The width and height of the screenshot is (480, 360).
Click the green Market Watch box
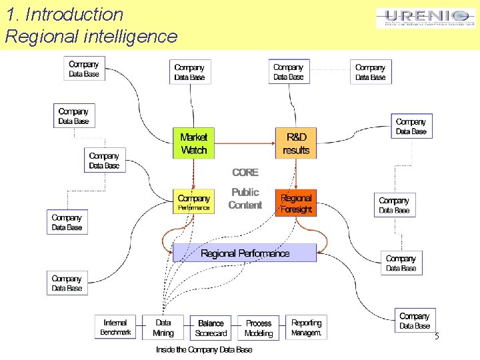[194, 143]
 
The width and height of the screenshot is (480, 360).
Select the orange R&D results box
[296, 143]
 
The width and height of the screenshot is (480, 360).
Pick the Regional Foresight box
[296, 203]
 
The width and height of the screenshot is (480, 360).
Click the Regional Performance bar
[245, 253]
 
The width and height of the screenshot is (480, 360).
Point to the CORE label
[245, 172]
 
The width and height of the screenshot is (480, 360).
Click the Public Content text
[245, 199]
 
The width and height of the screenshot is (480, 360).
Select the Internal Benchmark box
[115, 327]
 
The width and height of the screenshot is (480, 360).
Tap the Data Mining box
[163, 327]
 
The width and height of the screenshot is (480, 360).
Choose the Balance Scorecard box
[211, 327]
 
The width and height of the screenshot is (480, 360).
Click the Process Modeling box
[259, 327]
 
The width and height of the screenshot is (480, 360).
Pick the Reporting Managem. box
[306, 327]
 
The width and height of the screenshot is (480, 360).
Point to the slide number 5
[437, 337]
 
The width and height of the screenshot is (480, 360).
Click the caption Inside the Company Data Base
[204, 349]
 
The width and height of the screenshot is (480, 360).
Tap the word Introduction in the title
[74, 15]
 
